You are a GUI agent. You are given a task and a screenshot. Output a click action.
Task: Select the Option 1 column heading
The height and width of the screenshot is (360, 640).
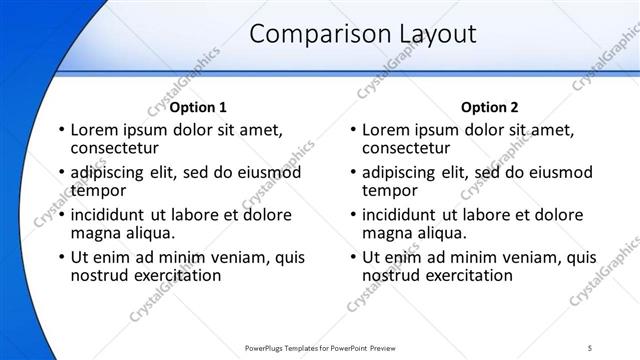click(x=198, y=107)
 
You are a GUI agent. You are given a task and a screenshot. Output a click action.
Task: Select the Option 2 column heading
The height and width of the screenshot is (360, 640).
click(x=490, y=107)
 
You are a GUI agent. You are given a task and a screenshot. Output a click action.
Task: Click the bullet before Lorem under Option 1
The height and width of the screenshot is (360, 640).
click(x=62, y=130)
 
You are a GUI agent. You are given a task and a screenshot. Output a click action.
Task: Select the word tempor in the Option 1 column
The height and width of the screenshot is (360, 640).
click(x=98, y=191)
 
